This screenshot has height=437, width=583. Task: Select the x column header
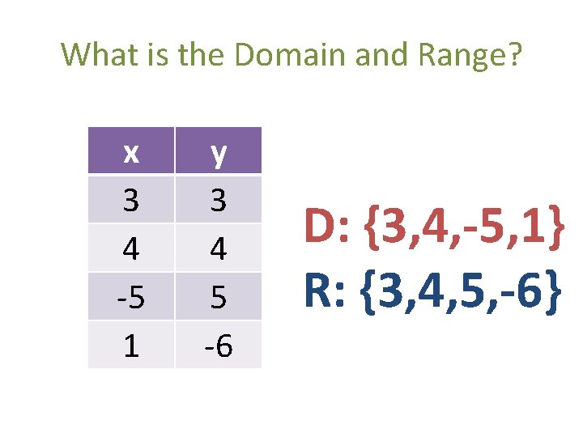tap(130, 151)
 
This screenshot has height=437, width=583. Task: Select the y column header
tap(218, 151)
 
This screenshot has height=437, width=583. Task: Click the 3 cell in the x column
tap(130, 200)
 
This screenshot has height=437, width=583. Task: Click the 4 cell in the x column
tap(130, 248)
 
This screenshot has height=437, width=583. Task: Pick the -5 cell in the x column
tap(130, 297)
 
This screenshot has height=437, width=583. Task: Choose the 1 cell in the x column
tap(130, 346)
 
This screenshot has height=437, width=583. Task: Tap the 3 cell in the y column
tap(218, 200)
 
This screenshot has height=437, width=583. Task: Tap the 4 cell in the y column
tap(218, 248)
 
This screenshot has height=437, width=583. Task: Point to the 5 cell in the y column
tap(218, 297)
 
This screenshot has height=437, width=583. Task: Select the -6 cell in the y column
tap(218, 346)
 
